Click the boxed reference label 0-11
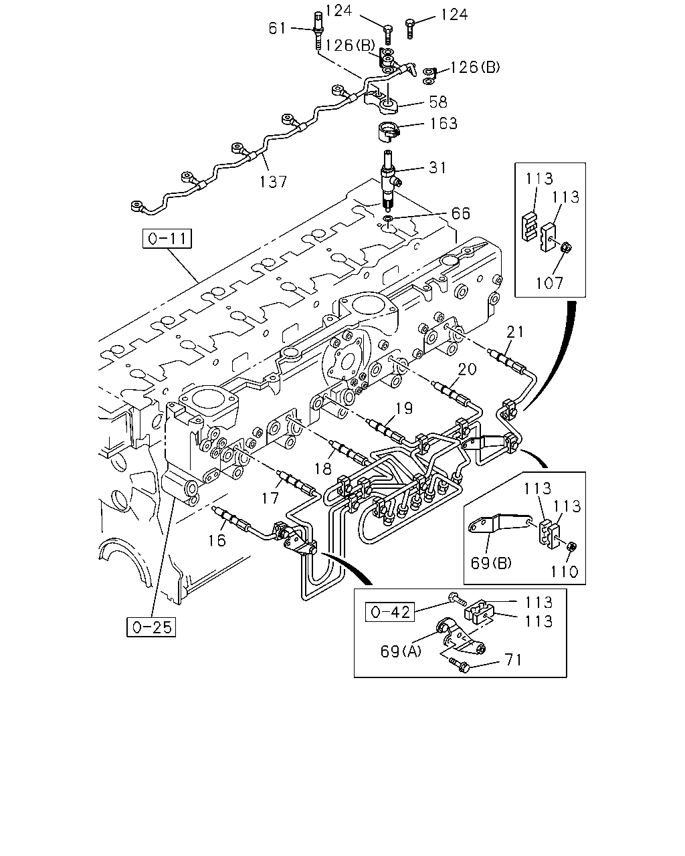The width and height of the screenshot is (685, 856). coord(167,238)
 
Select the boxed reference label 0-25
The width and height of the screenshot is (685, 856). coord(151,627)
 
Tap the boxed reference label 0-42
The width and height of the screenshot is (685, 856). coord(390,612)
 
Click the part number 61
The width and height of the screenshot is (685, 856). coord(278,28)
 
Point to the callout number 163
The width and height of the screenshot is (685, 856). coord(444,123)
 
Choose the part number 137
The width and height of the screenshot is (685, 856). coord(273,182)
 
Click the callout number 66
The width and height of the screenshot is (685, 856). coord(460,213)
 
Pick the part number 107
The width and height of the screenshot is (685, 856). coord(549,283)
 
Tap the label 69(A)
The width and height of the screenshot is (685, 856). coord(401,651)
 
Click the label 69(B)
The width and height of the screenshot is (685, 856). coord(491,563)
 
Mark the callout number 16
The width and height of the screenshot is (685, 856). coord(217,540)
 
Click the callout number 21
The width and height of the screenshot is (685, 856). coord(515,331)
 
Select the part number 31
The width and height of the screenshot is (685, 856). coord(438,167)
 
